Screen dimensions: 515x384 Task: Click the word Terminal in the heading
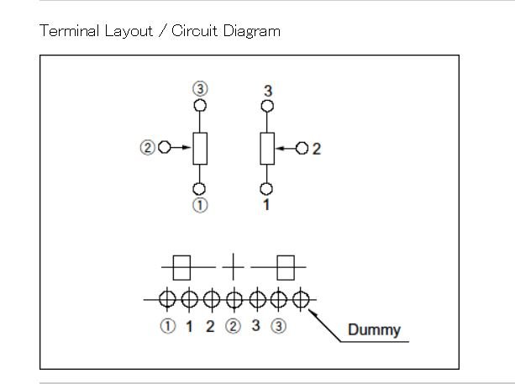click(69, 31)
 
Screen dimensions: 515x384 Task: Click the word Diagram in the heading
click(252, 32)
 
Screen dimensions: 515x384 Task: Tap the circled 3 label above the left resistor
click(200, 89)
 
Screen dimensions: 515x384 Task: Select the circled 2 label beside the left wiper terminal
click(147, 148)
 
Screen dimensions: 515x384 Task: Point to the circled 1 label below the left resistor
click(200, 205)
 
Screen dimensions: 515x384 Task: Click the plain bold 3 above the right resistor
click(268, 91)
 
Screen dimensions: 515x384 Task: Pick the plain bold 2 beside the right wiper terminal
click(316, 149)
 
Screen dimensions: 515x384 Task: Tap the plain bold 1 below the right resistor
click(266, 205)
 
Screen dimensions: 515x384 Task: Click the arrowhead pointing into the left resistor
click(187, 148)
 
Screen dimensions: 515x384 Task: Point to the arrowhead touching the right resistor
click(280, 149)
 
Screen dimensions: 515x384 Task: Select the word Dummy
click(374, 330)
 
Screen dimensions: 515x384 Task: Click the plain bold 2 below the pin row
click(210, 326)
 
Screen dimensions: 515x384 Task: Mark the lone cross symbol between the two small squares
click(234, 267)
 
